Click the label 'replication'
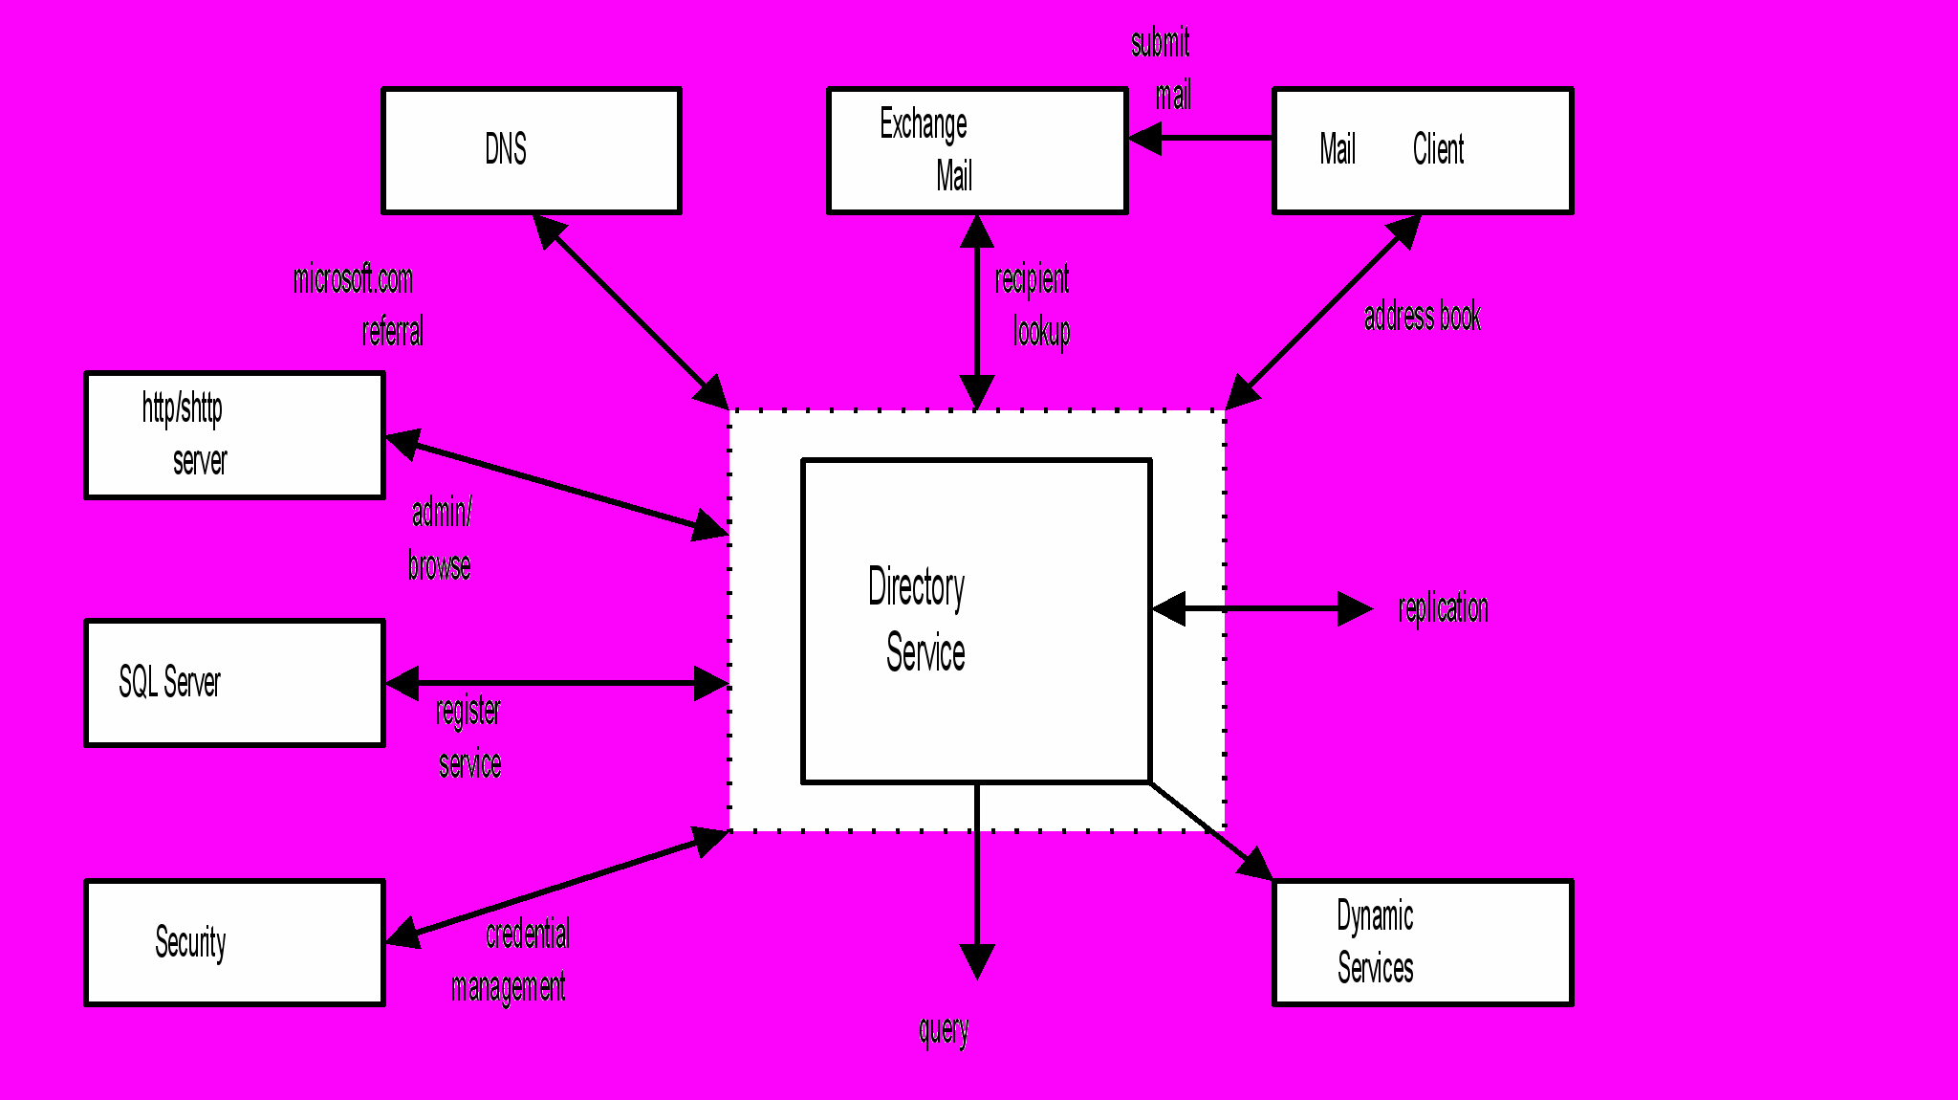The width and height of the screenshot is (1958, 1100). [x=1443, y=608]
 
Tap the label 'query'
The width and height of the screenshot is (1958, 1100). [x=944, y=1030]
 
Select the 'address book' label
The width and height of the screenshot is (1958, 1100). [x=1422, y=317]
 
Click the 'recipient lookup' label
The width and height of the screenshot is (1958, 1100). [x=1033, y=305]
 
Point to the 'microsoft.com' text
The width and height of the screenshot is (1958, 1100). [x=353, y=279]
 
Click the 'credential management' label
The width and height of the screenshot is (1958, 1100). [x=516, y=959]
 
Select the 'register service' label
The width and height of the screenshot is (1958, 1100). [x=468, y=737]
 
